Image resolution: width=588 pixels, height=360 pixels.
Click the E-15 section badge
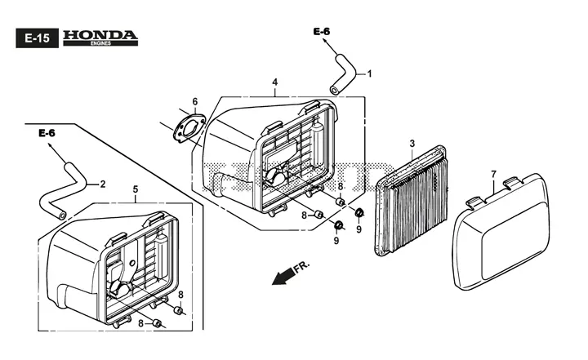(37, 38)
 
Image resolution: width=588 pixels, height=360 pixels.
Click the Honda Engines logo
(100, 38)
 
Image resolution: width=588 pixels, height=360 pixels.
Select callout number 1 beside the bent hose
(369, 73)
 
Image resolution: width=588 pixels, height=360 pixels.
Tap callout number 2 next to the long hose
(102, 184)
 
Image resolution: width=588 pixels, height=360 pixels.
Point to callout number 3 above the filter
(412, 143)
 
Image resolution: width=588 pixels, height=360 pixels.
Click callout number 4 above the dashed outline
(275, 82)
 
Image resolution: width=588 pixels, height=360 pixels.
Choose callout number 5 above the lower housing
(136, 189)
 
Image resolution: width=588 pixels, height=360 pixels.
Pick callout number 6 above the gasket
(195, 101)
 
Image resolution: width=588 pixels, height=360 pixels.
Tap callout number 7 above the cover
(493, 175)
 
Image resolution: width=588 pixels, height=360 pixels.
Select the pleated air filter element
(412, 201)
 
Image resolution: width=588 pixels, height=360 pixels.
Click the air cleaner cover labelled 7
(501, 233)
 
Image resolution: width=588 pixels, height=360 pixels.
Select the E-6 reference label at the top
(322, 32)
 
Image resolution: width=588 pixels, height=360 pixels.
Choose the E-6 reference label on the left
(47, 133)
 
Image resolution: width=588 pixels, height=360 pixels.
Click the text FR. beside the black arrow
(301, 267)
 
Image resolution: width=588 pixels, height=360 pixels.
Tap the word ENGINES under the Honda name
(100, 43)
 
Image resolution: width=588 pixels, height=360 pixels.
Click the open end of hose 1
(333, 91)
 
